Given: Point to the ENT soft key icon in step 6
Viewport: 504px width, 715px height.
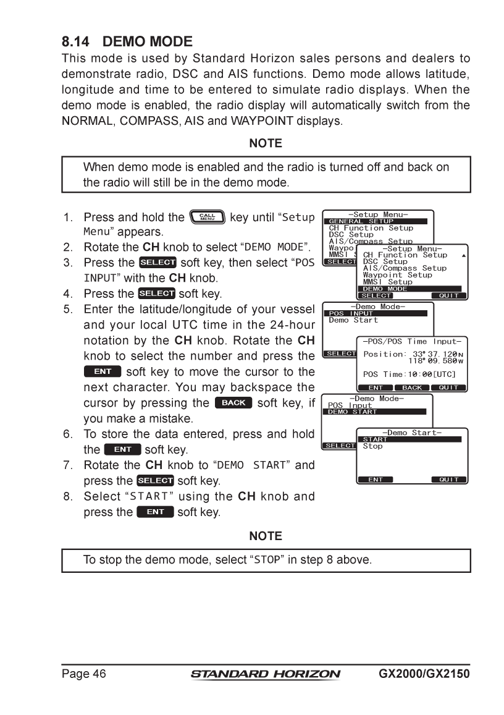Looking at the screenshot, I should point(122,449).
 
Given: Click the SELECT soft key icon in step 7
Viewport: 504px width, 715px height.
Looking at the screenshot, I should point(155,480).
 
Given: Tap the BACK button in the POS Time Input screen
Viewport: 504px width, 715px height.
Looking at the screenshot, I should point(412,387).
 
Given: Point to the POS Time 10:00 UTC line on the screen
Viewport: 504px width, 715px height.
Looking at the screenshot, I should point(409,374).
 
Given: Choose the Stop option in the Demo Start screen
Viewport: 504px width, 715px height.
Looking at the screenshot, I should point(372,446).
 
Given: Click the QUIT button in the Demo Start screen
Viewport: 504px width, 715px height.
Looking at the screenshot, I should point(449,480).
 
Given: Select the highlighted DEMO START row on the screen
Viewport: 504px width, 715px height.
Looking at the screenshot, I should point(376,412).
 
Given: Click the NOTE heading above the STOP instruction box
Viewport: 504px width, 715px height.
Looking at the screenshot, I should point(265,536).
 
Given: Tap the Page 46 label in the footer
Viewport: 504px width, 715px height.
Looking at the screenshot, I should point(83,674).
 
